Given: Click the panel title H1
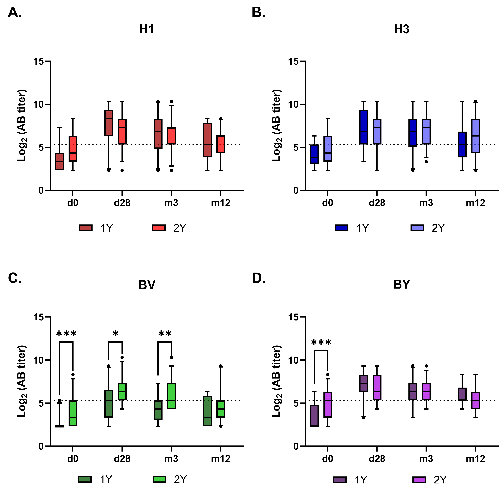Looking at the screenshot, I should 147,29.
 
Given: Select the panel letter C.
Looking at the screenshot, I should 15,278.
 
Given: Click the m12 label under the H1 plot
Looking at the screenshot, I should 220,203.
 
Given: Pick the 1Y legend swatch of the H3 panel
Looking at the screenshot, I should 341,228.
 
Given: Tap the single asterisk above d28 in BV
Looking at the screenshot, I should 115,334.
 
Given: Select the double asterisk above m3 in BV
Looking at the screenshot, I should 165,334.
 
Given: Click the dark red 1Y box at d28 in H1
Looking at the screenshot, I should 109,123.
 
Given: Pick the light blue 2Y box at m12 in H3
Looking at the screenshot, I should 475,136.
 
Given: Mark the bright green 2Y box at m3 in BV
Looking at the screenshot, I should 171,396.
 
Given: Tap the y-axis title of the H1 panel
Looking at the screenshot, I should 22,126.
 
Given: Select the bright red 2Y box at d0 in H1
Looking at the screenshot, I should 73,149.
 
